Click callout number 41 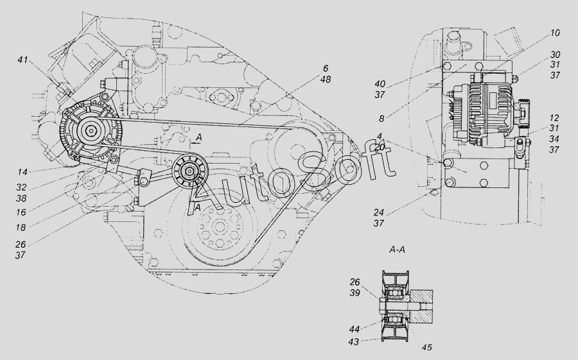pyautogui.click(x=22, y=60)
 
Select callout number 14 pyautogui.click(x=22, y=172)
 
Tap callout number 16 pyautogui.click(x=21, y=212)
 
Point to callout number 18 pyautogui.click(x=21, y=228)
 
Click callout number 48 pyautogui.click(x=326, y=79)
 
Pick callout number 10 pyautogui.click(x=554, y=33)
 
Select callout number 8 pyautogui.click(x=381, y=119)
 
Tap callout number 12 pyautogui.click(x=554, y=118)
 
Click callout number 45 pyautogui.click(x=426, y=347)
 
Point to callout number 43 pyautogui.click(x=354, y=342)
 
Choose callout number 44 pyautogui.click(x=355, y=329)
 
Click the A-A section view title pyautogui.click(x=397, y=250)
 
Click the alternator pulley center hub pyautogui.click(x=91, y=130)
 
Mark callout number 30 pyautogui.click(x=555, y=55)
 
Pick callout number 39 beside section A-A pyautogui.click(x=355, y=293)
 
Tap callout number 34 pyautogui.click(x=554, y=139)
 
